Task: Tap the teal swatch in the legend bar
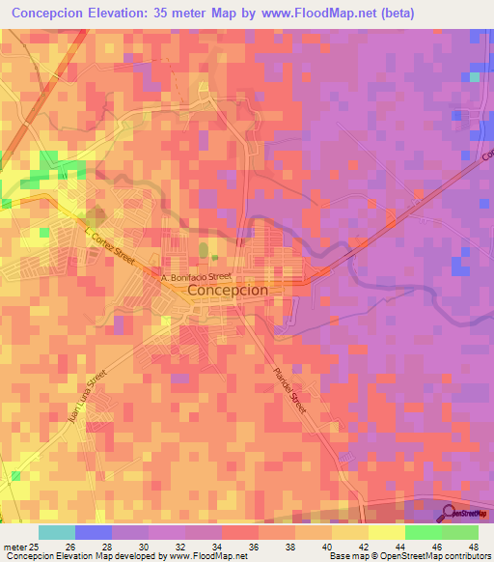tap(57, 532)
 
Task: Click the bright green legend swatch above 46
tap(423, 532)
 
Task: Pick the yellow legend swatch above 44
tap(386, 532)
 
